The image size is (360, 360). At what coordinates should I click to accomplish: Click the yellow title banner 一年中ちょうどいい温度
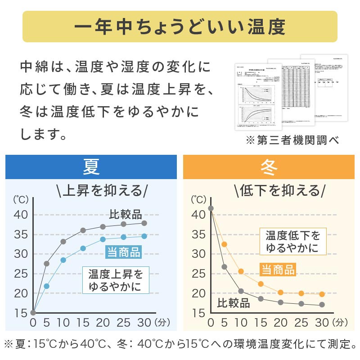pyautogui.click(x=180, y=27)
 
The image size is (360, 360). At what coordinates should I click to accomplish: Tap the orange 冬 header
pyautogui.click(x=269, y=167)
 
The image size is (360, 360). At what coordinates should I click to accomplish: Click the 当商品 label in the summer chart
pyautogui.click(x=123, y=252)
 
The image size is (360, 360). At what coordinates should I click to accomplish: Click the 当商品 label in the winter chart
pyautogui.click(x=278, y=270)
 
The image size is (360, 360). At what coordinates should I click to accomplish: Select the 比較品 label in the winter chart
pyautogui.click(x=234, y=303)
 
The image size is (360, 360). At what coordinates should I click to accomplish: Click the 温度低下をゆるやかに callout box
pyautogui.click(x=292, y=242)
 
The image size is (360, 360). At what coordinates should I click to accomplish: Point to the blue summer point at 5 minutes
pyautogui.click(x=46, y=286)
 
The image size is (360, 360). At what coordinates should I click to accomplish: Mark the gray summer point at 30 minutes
pyautogui.click(x=144, y=223)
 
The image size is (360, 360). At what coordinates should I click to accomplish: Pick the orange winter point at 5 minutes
pyautogui.click(x=224, y=244)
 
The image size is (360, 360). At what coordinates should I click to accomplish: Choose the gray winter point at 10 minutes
pyautogui.click(x=241, y=291)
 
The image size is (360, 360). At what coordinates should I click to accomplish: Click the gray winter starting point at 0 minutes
pyautogui.click(x=211, y=208)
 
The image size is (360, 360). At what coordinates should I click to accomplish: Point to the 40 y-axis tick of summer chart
pyautogui.click(x=21, y=215)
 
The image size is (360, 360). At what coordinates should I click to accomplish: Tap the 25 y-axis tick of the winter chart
pyautogui.click(x=198, y=274)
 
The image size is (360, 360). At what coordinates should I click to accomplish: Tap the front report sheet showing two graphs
pyautogui.click(x=258, y=96)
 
